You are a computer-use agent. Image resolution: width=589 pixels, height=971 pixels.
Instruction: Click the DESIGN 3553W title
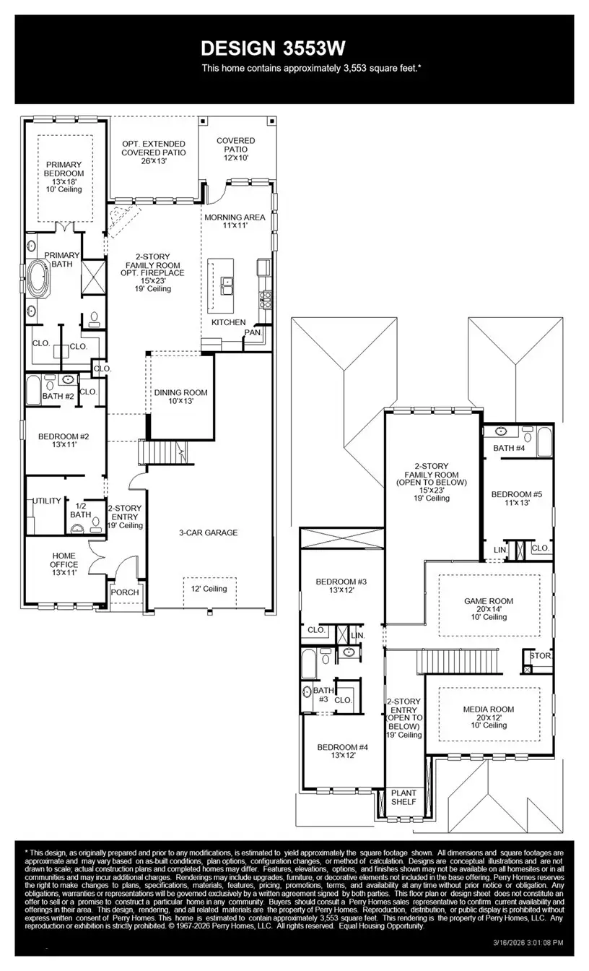(x=273, y=48)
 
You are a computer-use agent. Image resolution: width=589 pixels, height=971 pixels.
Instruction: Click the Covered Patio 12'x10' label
(x=235, y=149)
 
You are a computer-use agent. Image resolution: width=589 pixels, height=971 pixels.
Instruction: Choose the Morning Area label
(x=235, y=221)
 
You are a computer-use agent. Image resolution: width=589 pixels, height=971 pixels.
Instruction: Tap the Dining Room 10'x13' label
(x=180, y=397)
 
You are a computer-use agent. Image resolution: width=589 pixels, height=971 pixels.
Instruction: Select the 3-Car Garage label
(x=209, y=532)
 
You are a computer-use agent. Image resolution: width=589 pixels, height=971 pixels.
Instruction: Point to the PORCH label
(x=124, y=592)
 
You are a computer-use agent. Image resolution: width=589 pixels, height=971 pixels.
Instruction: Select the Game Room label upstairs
(x=489, y=605)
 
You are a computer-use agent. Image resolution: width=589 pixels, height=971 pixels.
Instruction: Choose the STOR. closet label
(x=541, y=656)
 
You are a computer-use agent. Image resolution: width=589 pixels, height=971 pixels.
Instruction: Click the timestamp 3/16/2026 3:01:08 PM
(x=527, y=942)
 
